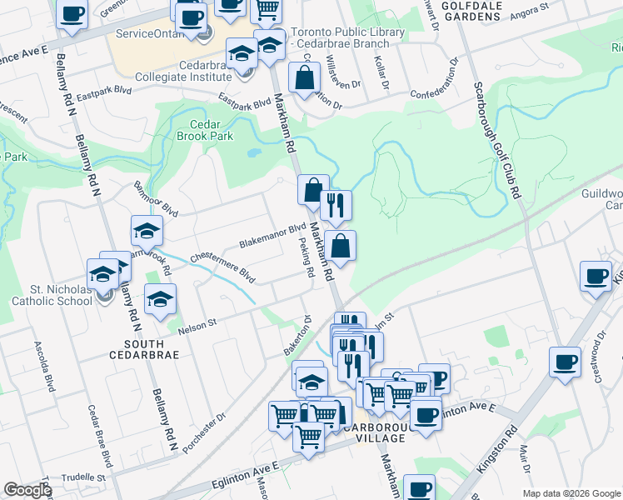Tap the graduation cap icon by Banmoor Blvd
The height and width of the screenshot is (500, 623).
[147, 231]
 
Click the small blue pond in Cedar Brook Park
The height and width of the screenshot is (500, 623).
[251, 153]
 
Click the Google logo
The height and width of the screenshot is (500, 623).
[27, 490]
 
